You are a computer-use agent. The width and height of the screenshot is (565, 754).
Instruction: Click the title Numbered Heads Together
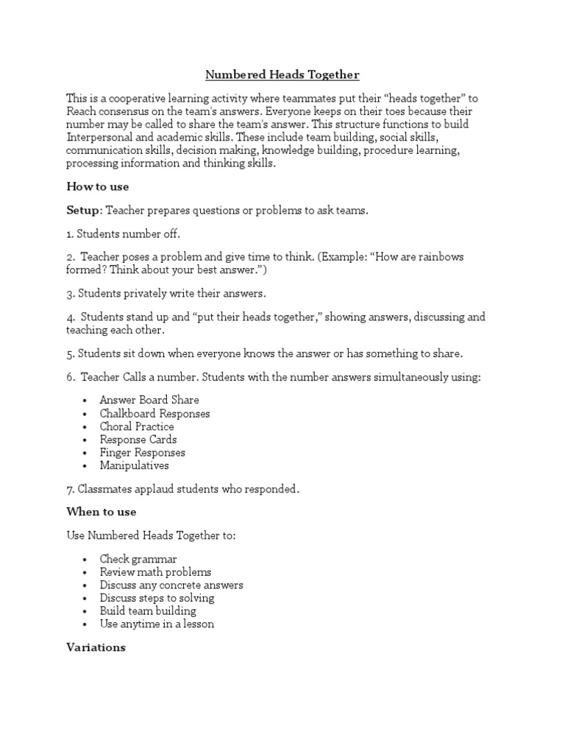tap(282, 74)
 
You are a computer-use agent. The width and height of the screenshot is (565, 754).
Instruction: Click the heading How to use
tap(98, 186)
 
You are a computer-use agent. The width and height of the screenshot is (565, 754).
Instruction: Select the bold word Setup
tap(84, 211)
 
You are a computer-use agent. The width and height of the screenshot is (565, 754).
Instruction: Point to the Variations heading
tap(96, 648)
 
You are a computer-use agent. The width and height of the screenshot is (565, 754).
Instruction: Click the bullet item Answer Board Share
tap(149, 400)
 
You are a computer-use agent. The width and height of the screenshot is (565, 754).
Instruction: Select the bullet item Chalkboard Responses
tap(154, 413)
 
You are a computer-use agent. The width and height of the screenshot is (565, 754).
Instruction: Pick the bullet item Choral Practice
tap(137, 426)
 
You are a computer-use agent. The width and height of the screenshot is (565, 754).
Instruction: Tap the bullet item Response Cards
tap(138, 440)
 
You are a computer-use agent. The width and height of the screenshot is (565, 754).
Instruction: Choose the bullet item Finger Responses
tap(143, 453)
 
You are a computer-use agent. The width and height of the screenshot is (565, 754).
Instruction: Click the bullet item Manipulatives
tap(135, 465)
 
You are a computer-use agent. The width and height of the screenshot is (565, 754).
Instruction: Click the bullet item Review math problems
tap(155, 572)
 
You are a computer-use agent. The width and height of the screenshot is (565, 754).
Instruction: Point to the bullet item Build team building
tap(148, 611)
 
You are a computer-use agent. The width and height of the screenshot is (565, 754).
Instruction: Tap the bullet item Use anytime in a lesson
tap(157, 624)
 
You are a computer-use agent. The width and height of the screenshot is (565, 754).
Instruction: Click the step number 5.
tap(70, 353)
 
